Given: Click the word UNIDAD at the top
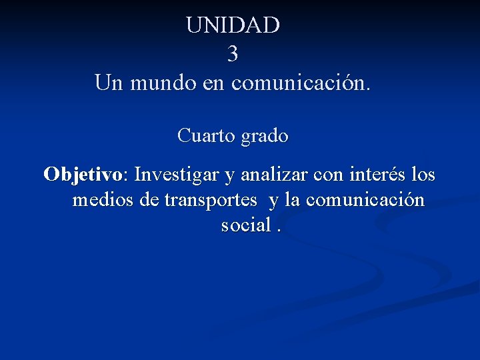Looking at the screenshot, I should point(233,25).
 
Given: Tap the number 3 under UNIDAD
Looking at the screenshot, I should point(233,54).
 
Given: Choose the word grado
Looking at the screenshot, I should point(265,137).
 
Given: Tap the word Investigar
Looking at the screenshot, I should point(177,175).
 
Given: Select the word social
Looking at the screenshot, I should point(245,225).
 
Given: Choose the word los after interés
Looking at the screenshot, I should point(423,175).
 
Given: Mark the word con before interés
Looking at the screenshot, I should point(327,176).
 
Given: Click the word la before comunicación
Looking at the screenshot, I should point(293,200).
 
